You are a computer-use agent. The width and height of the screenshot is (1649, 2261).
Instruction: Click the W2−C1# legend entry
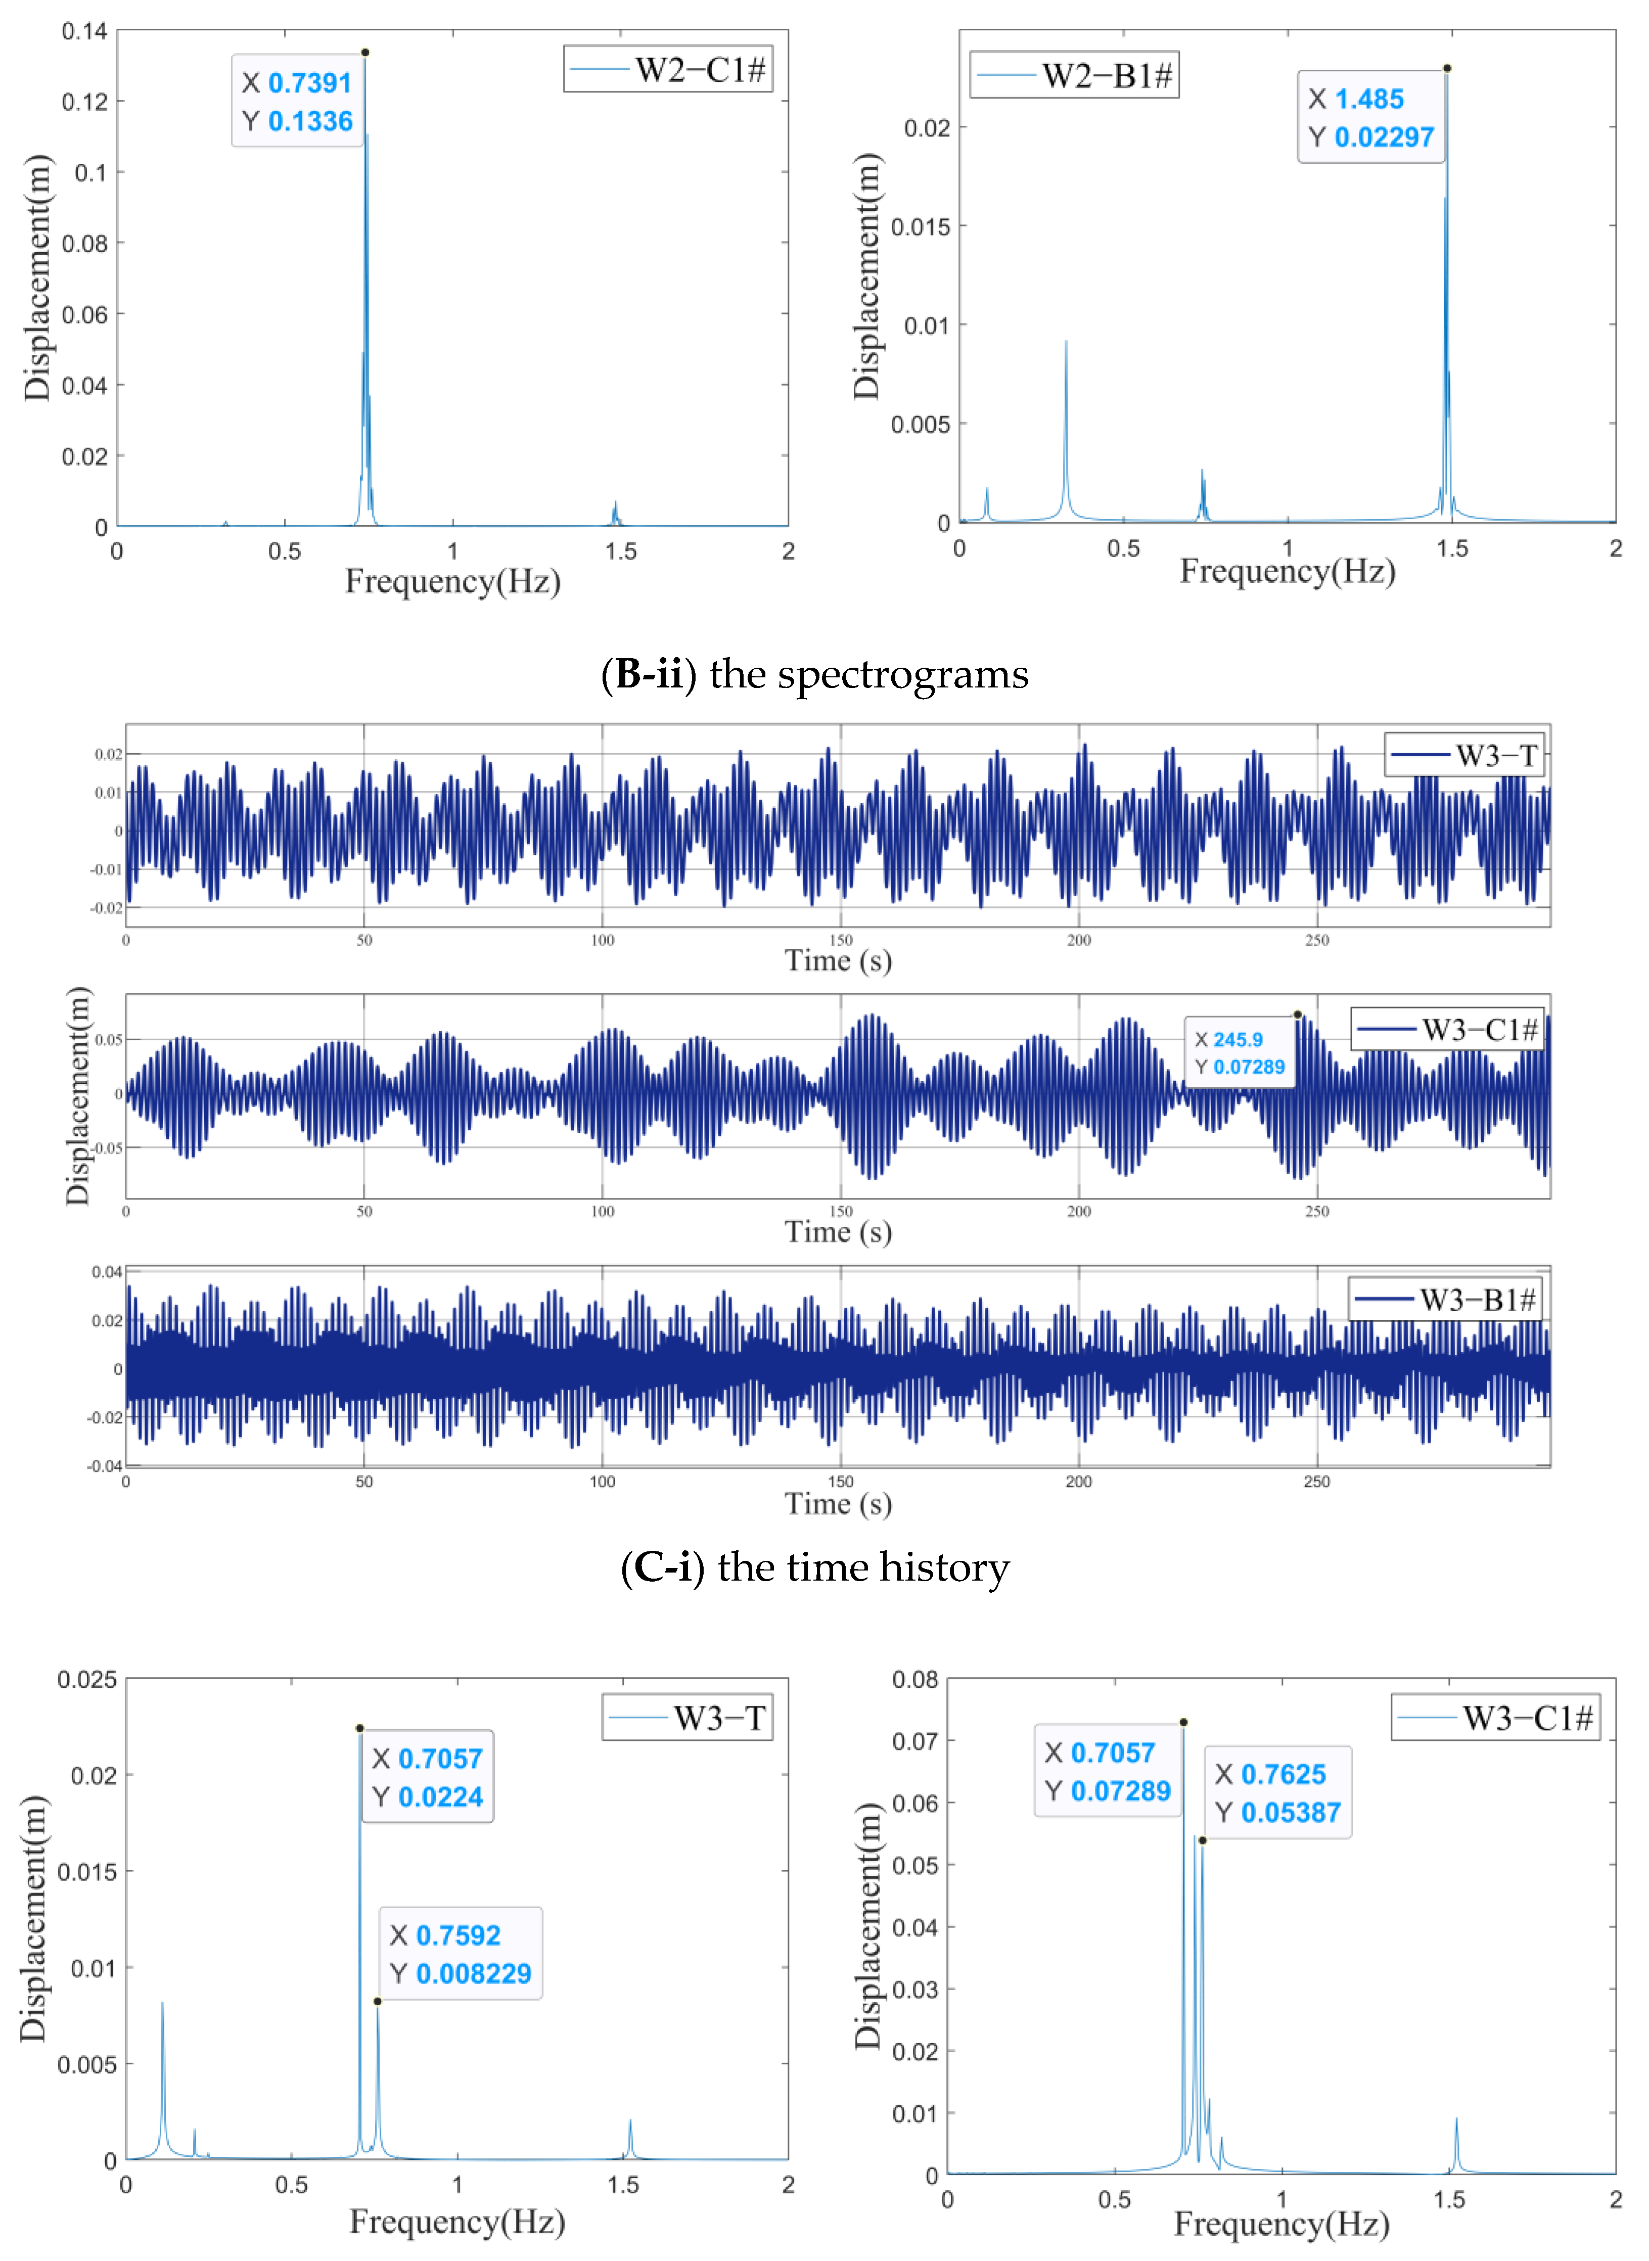668,69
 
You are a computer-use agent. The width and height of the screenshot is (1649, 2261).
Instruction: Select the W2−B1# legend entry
1074,75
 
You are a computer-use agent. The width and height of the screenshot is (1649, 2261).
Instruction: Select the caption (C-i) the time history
814,1567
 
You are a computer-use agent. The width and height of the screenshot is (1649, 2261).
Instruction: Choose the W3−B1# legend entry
1445,1299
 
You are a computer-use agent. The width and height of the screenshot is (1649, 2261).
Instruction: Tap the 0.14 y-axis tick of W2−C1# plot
84,31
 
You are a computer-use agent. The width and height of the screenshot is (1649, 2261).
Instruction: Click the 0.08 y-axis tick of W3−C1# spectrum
914,1680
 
